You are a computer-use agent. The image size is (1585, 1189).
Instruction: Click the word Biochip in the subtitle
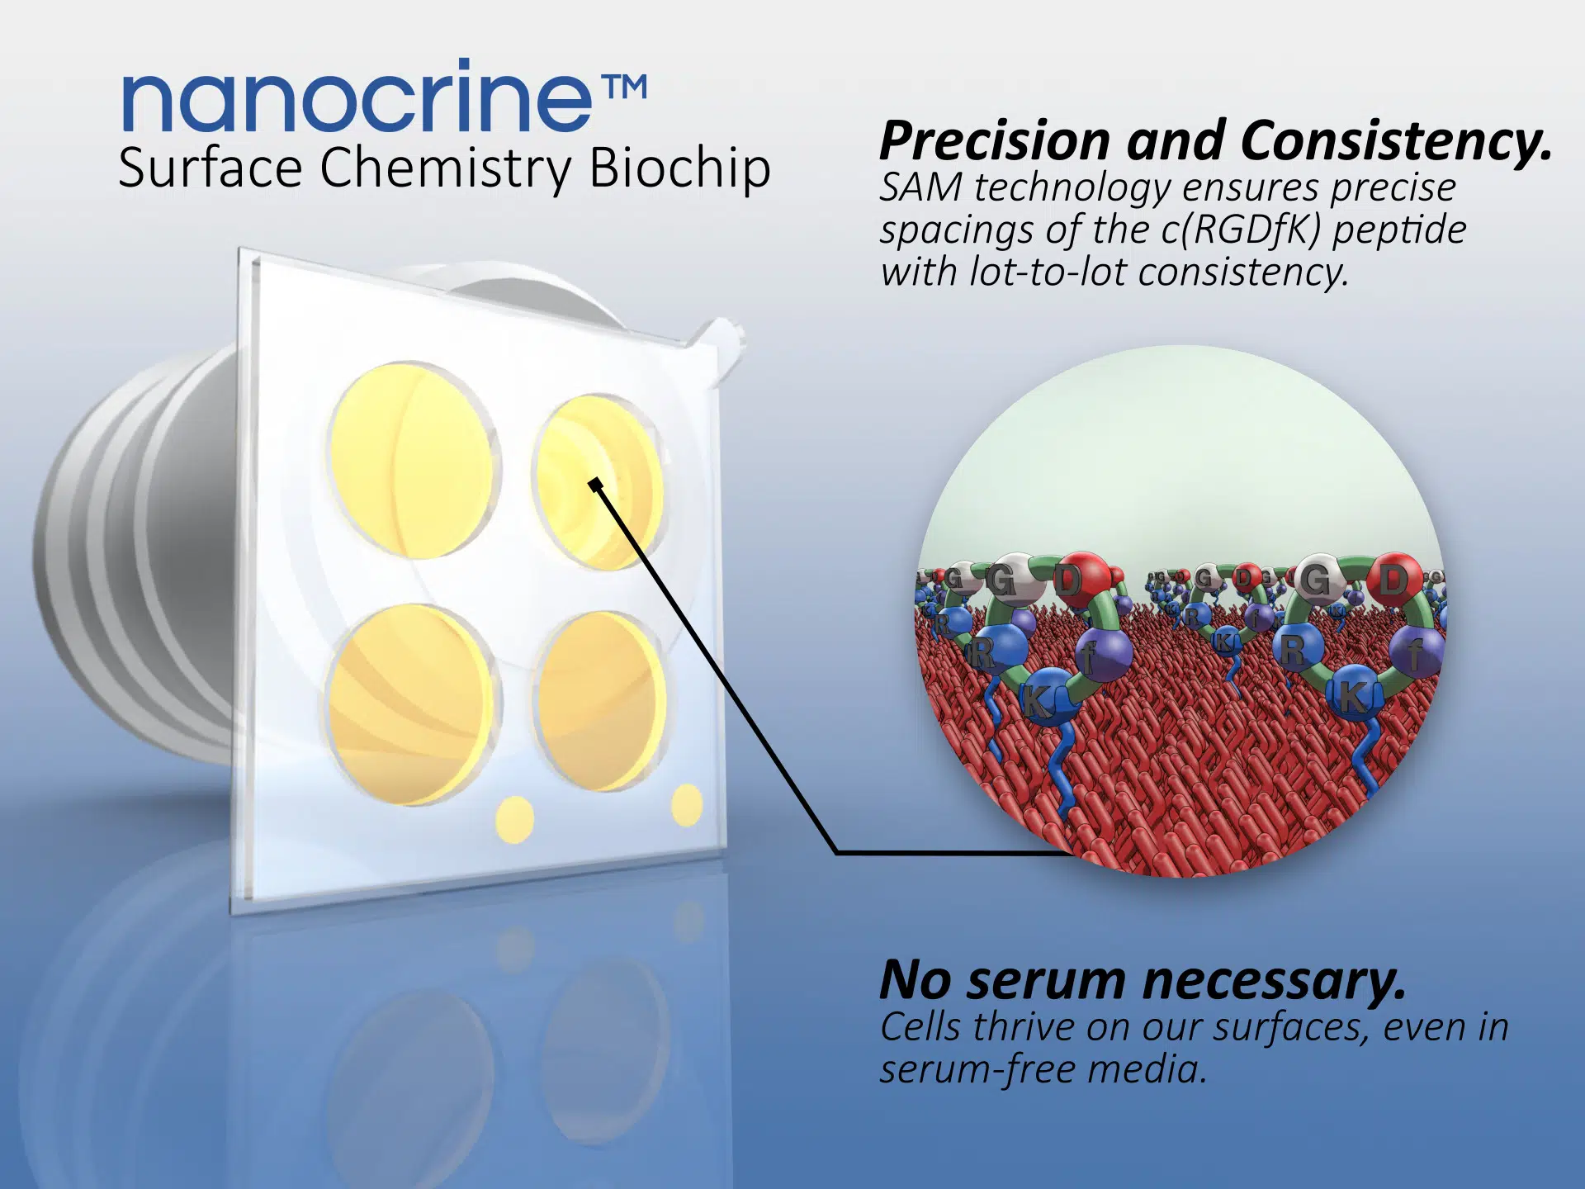click(x=679, y=168)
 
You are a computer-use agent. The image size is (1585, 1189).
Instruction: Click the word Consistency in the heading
click(x=1395, y=141)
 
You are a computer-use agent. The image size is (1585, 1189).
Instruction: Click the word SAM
click(x=920, y=187)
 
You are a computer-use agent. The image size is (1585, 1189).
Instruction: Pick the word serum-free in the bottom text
click(x=976, y=1069)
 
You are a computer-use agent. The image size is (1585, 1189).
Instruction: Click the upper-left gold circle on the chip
click(x=413, y=460)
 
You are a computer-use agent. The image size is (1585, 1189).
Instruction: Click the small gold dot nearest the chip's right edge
click(x=687, y=805)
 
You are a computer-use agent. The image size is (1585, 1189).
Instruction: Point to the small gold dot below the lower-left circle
click(x=514, y=820)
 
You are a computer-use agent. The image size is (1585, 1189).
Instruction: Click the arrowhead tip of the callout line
click(x=593, y=481)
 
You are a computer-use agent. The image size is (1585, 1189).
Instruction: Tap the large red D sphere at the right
click(x=1395, y=579)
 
